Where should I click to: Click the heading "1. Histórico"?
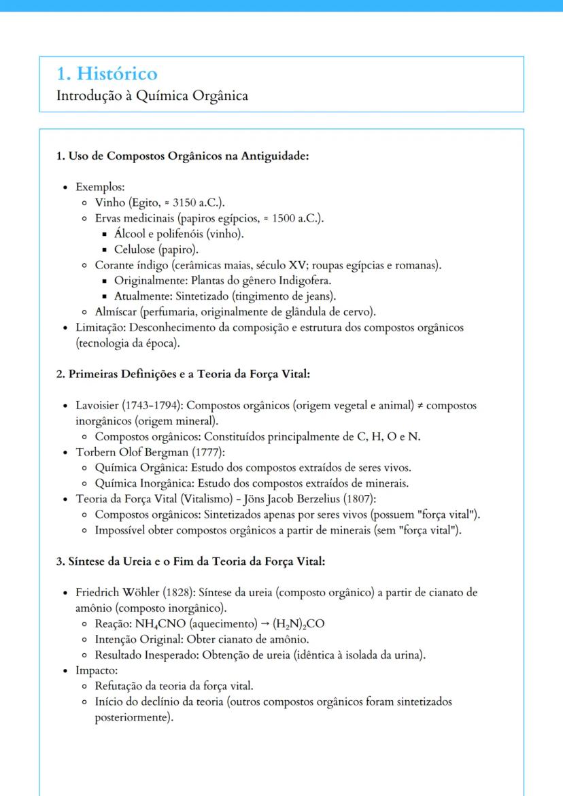[107, 73]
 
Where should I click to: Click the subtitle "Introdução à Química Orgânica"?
[152, 95]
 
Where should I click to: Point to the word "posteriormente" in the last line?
[131, 717]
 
